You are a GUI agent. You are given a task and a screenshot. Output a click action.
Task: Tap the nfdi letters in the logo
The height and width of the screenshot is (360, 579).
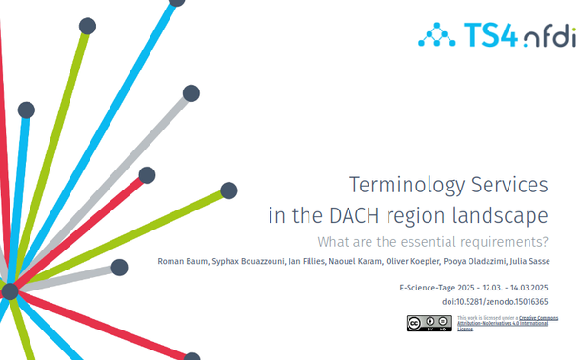pyautogui.click(x=549, y=37)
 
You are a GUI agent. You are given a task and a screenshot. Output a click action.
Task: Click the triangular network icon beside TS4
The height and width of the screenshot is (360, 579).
pyautogui.click(x=437, y=36)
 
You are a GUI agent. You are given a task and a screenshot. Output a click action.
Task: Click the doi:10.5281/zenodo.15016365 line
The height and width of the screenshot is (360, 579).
pyautogui.click(x=494, y=301)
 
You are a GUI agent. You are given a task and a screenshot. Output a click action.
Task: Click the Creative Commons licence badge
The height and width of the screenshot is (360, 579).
pyautogui.click(x=429, y=324)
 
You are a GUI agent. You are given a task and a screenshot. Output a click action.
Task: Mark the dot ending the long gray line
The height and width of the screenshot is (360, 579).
pyautogui.click(x=191, y=93)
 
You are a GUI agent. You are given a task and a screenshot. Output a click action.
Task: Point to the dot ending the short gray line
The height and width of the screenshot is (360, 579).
pyautogui.click(x=119, y=268)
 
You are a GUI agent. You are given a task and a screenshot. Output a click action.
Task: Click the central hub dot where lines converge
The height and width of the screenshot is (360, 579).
pyautogui.click(x=10, y=291)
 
